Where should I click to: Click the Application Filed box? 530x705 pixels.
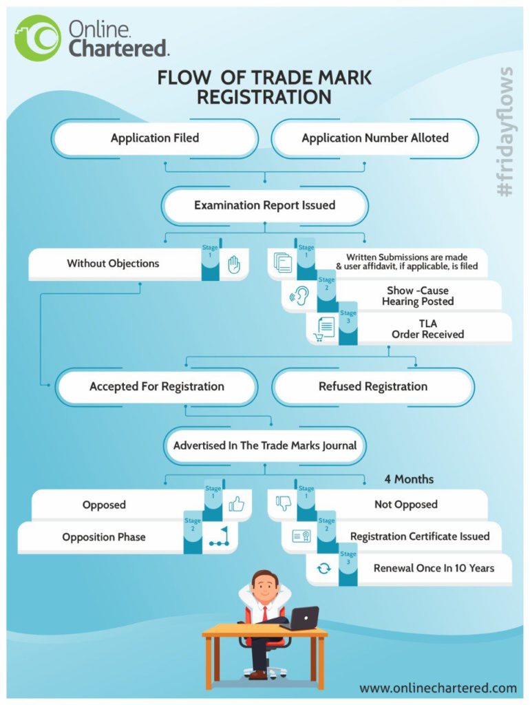155,138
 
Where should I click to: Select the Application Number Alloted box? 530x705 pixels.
374,138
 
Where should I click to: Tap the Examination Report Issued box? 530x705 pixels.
264,205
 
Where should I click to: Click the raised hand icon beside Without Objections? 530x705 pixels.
234,264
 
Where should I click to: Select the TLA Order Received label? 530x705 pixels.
427,328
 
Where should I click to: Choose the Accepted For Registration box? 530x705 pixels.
156,387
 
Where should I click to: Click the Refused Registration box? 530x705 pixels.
373,387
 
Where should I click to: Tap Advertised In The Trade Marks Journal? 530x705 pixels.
264,445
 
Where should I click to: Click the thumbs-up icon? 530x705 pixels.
236,505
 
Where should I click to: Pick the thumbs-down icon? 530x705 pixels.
283,504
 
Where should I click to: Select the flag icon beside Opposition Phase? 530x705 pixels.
220,537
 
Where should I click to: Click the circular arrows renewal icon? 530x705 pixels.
324,568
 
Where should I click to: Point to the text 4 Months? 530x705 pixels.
409,479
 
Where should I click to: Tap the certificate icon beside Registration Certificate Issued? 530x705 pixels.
301,536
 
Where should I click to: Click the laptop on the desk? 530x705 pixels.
300,618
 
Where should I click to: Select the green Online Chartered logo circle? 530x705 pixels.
37,39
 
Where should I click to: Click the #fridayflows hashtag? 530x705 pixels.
507,131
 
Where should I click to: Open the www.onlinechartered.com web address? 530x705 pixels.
438,688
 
